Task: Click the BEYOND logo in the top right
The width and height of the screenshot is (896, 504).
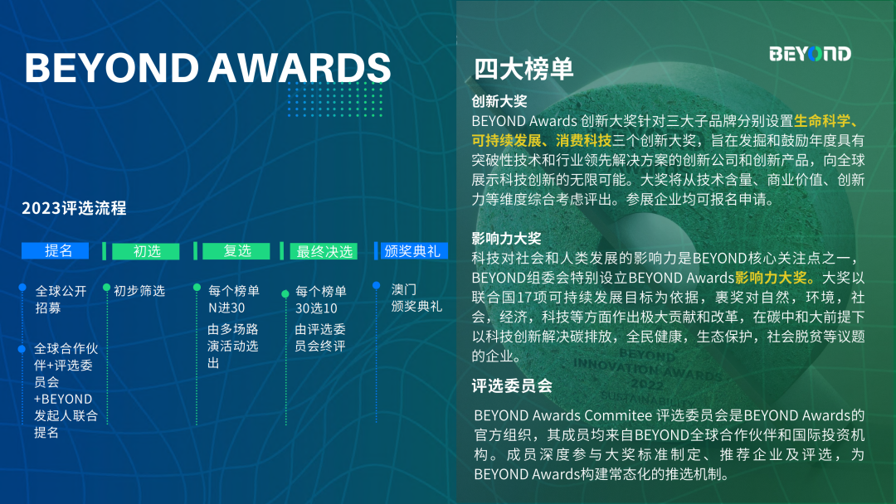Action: pos(810,54)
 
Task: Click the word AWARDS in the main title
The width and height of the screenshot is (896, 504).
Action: pos(299,67)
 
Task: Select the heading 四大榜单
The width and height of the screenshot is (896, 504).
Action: pos(523,69)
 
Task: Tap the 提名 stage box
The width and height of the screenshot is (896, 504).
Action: pos(56,250)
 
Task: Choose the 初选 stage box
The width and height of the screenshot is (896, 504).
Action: pos(146,251)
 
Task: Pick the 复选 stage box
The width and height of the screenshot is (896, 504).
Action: pos(236,251)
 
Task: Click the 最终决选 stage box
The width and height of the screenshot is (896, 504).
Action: pos(324,251)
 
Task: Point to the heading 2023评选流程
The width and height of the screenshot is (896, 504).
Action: pos(74,208)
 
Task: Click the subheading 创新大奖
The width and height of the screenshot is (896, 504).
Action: pos(499,101)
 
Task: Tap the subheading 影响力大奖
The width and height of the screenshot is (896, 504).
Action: pos(506,238)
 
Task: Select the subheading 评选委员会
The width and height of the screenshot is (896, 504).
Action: pos(512,385)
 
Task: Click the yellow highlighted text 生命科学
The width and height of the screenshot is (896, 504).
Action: pos(821,121)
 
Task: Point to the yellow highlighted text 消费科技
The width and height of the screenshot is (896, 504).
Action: pos(583,140)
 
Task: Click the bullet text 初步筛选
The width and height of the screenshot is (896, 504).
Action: pos(139,291)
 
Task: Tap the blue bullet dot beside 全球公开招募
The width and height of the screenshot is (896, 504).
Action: pos(22,287)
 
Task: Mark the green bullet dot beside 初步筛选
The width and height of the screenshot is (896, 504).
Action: pos(106,287)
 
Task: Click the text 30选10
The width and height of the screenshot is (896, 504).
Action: pos(316,308)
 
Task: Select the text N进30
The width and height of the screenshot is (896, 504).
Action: pos(226,308)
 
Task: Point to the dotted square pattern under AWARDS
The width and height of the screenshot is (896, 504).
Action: pos(335,99)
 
